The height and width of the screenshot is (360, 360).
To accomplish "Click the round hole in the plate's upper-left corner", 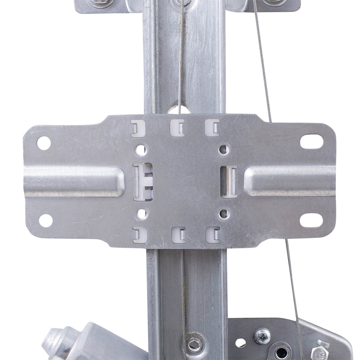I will [44, 143].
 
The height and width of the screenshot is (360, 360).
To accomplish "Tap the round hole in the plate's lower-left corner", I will [46, 220].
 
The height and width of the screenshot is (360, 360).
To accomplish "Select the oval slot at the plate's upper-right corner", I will [311, 141].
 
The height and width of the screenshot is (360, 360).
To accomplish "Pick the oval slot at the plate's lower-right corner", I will [311, 220].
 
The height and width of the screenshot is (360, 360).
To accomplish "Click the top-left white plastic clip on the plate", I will [138, 128].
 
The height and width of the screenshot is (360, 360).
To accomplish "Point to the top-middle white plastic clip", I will [177, 128].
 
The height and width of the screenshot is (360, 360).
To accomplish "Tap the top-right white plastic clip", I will [212, 128].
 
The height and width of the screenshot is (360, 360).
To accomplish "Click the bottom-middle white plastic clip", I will [178, 235].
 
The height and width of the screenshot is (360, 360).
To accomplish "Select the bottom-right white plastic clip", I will [213, 234].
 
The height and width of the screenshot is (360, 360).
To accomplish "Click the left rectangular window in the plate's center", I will [143, 182].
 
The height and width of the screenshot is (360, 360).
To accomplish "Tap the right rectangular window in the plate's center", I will [229, 182].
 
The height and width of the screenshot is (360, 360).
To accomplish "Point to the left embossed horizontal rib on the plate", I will [74, 181].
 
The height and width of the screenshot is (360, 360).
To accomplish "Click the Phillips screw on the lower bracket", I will [262, 336].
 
